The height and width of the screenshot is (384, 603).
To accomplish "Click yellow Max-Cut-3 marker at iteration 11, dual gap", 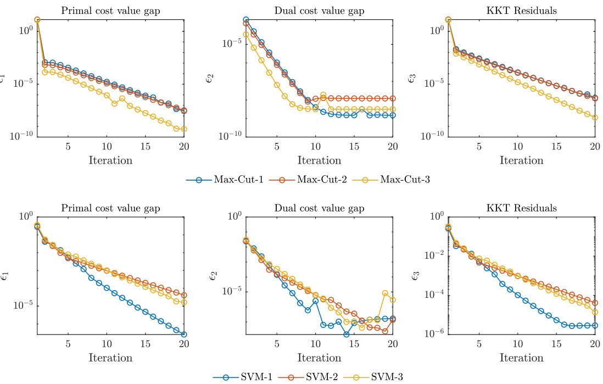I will click(323, 95).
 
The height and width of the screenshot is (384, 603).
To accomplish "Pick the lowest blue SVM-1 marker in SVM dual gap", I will click(347, 334).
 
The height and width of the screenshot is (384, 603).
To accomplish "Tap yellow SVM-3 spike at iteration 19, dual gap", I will click(385, 293).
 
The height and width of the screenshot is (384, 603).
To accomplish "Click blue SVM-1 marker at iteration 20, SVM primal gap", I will click(183, 334).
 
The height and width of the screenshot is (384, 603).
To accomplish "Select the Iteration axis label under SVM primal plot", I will click(110, 358).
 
